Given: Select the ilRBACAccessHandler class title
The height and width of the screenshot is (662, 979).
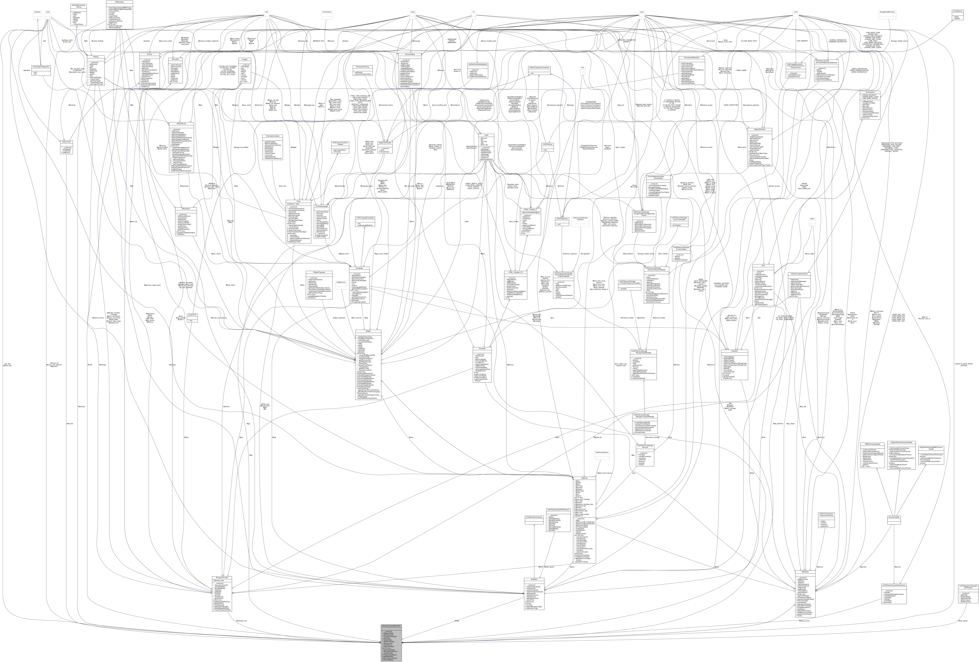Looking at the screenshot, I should pyautogui.click(x=870, y=444).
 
